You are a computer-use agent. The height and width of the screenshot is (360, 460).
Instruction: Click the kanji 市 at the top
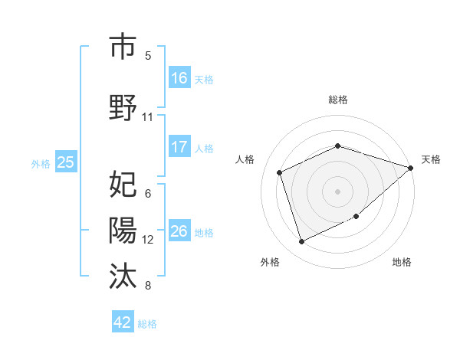point(123,47)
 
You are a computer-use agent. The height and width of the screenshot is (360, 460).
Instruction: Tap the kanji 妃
point(123,185)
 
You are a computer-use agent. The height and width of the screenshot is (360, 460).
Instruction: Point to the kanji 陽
point(123,230)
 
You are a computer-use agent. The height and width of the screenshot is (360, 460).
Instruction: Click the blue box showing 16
point(179,78)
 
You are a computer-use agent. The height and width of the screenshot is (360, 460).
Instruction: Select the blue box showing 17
point(179,147)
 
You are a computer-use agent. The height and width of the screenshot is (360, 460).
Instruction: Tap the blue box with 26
point(179,231)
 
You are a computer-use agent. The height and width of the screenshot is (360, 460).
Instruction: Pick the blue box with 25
point(65,162)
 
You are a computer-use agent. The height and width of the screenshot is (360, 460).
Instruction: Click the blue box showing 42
point(123,322)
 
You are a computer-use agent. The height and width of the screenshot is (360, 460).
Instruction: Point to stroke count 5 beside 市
point(148,55)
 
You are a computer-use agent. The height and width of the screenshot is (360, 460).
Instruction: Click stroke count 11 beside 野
point(148,117)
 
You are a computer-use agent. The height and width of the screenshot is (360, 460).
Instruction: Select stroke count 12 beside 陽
point(148,240)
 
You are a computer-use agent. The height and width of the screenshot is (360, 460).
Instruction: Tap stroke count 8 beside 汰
point(148,286)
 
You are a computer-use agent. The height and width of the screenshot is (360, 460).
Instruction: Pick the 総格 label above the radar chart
point(338,100)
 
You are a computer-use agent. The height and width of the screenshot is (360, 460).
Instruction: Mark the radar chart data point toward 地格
point(356,216)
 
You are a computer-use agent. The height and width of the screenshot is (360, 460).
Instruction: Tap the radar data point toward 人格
point(281,172)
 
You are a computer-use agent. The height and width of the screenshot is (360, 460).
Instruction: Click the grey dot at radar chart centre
point(338,191)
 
